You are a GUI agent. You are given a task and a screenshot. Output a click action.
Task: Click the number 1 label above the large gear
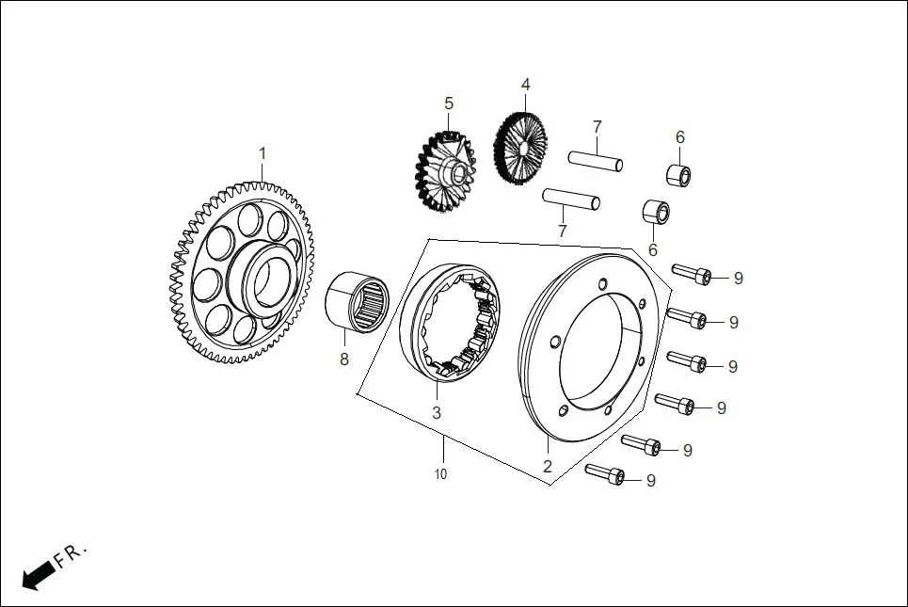pyautogui.click(x=263, y=153)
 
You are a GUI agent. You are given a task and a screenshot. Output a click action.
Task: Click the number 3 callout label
pyautogui.click(x=436, y=413)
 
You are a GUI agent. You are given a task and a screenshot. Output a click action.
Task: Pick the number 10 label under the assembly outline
pyautogui.click(x=440, y=474)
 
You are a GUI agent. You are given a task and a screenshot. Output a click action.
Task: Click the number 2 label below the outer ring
pyautogui.click(x=547, y=466)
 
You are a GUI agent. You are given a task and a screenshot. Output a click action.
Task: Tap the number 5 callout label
pyautogui.click(x=449, y=103)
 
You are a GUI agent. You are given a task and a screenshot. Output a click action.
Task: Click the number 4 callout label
pyautogui.click(x=525, y=84)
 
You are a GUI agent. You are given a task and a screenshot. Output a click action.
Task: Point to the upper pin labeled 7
pyautogui.click(x=596, y=162)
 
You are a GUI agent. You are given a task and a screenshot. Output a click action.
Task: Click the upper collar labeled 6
pyautogui.click(x=677, y=175)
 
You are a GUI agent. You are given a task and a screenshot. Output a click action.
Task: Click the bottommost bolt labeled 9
pyautogui.click(x=605, y=475)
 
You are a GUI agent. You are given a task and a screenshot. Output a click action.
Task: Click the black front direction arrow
pyautogui.click(x=38, y=575)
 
